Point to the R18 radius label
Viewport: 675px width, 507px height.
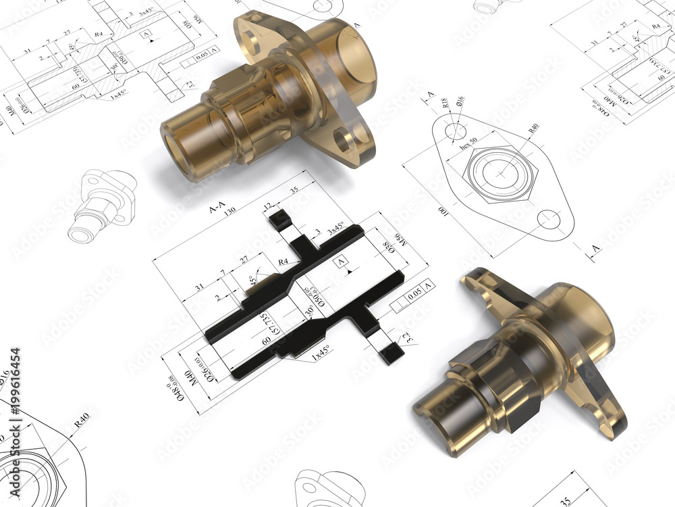[446, 103]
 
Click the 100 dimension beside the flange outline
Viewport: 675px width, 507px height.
[443, 212]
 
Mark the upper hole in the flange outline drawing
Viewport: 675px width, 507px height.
[456, 130]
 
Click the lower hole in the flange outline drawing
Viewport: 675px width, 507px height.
[549, 219]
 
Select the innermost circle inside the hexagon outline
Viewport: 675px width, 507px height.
[502, 174]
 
